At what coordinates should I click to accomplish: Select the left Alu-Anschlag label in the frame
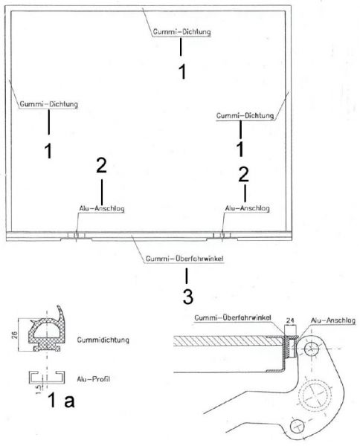point(100,209)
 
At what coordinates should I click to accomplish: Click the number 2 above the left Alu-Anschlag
point(101,167)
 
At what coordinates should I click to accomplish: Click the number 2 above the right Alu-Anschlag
point(243,174)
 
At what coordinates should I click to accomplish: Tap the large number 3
point(187,297)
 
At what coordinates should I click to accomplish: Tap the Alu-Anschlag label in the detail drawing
point(328,321)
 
